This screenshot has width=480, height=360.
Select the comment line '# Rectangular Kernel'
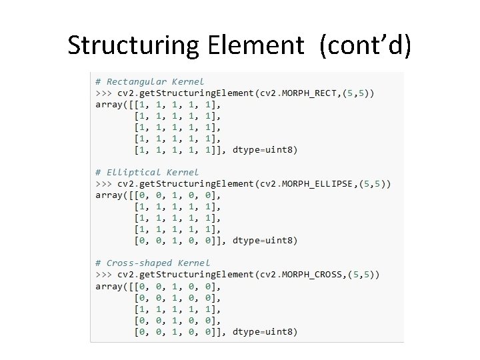tap(150, 81)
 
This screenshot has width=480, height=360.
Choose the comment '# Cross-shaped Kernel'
tap(153, 263)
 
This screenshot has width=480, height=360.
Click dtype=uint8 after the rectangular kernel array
tap(265, 149)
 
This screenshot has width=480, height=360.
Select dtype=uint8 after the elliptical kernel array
tap(265, 240)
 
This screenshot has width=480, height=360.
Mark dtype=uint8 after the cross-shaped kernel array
tap(265, 331)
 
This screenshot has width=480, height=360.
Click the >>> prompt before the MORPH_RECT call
tap(103, 93)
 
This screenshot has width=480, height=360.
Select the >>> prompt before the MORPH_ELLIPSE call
tap(103, 183)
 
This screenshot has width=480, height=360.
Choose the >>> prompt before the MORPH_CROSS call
tap(103, 274)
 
